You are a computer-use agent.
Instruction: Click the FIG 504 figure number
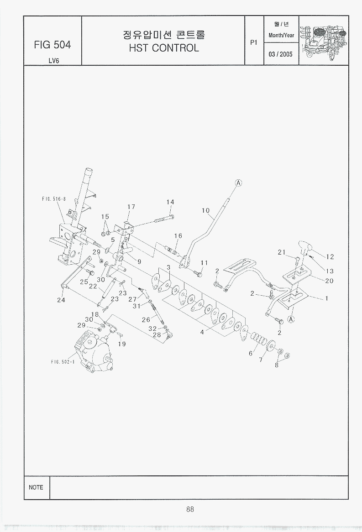pyautogui.click(x=52, y=45)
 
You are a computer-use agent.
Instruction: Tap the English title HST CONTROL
pyautogui.click(x=163, y=48)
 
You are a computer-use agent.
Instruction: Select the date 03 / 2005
pyautogui.click(x=281, y=54)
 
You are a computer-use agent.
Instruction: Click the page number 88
pyautogui.click(x=190, y=509)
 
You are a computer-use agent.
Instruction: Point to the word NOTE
pyautogui.click(x=36, y=487)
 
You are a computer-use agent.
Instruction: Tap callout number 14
pyautogui.click(x=170, y=202)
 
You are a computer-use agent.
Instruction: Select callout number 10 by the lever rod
pyautogui.click(x=205, y=210)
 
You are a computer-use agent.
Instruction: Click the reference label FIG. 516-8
pyautogui.click(x=54, y=199)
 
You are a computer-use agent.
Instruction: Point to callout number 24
pyautogui.click(x=61, y=300)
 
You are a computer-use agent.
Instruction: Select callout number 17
pyautogui.click(x=131, y=207)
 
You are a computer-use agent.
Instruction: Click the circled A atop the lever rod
pyautogui.click(x=238, y=183)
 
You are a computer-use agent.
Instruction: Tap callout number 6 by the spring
pyautogui.click(x=250, y=353)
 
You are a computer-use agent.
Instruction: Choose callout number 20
pyautogui.click(x=329, y=281)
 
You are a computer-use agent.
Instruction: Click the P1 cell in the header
pyautogui.click(x=254, y=42)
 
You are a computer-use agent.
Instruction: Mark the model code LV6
pyautogui.click(x=53, y=60)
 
